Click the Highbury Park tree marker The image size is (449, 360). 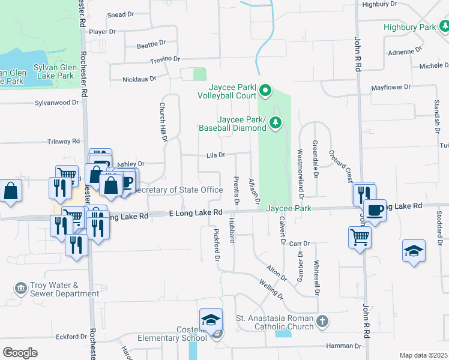443,27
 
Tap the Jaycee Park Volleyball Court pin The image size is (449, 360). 265,92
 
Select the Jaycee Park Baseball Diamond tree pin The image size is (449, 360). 276,123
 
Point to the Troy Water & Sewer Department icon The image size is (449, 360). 22,289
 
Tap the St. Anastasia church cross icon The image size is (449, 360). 322,321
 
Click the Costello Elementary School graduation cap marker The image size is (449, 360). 211,320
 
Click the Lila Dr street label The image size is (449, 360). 215,155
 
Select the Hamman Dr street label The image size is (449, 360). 343,346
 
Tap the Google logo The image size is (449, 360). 20,352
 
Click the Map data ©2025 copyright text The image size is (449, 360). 423,355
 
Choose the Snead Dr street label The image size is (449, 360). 120,14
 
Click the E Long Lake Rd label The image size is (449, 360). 196,212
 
